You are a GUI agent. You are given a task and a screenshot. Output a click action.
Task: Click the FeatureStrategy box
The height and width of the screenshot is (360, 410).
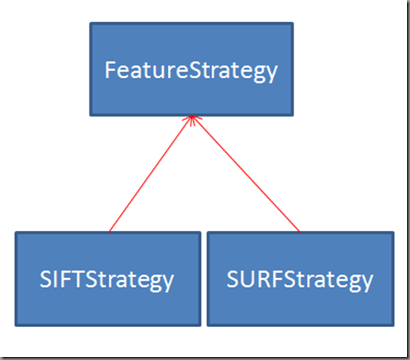click(x=191, y=69)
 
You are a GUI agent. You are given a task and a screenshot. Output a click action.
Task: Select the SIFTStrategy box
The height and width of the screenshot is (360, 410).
click(x=108, y=279)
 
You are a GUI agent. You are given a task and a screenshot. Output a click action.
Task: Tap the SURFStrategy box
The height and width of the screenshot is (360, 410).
click(x=300, y=279)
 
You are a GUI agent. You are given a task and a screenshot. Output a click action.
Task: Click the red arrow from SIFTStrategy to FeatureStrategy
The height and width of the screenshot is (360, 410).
click(x=150, y=174)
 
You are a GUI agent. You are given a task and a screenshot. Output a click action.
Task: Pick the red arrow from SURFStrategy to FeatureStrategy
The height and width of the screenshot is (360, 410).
click(x=246, y=174)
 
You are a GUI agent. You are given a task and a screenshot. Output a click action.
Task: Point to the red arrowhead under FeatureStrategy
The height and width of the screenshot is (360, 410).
click(x=192, y=120)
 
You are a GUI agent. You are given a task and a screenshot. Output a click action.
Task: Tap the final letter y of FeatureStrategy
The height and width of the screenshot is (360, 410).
click(x=271, y=73)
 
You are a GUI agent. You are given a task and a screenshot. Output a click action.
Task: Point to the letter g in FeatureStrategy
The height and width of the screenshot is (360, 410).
click(x=257, y=74)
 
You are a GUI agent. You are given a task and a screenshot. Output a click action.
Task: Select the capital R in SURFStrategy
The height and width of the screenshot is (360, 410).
click(x=261, y=280)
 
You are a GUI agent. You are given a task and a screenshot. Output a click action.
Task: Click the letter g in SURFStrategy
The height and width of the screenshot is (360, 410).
click(x=353, y=283)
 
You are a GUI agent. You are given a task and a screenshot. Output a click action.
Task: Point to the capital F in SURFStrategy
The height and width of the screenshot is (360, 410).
click(x=275, y=280)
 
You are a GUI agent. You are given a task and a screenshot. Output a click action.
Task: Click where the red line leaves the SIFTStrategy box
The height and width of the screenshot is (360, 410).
click(x=109, y=231)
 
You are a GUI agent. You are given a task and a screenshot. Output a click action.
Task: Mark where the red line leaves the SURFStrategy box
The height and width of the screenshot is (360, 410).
click(x=300, y=231)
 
